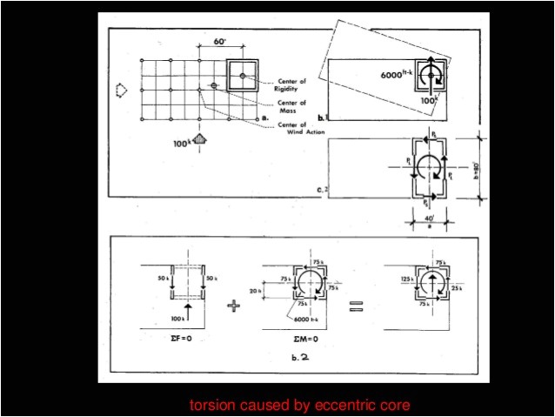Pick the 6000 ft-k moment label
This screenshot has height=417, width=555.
click(398, 76)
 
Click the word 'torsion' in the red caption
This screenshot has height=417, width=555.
click(211, 405)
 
